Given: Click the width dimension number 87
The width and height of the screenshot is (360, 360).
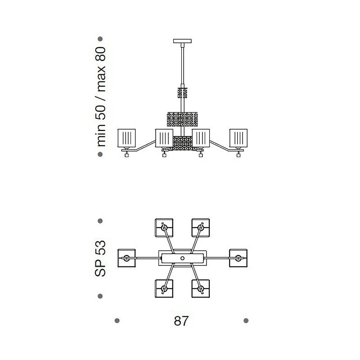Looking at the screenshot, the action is [x=181, y=321].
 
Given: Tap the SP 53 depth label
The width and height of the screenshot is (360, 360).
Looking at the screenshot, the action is [x=100, y=258].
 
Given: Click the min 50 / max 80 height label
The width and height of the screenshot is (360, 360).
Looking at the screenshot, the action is [x=100, y=97].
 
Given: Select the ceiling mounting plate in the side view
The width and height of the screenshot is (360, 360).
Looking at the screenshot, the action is [x=182, y=41].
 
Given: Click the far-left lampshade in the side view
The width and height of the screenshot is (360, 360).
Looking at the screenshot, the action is [x=126, y=138].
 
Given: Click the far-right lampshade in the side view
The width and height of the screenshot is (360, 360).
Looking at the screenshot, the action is [x=238, y=138].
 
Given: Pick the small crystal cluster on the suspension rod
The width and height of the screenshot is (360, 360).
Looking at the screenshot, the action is [x=183, y=93].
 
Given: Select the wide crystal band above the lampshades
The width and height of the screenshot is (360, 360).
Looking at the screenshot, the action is [x=182, y=119].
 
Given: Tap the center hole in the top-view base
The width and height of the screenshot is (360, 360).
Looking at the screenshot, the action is [x=183, y=258].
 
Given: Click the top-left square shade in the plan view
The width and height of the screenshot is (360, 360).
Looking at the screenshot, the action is [x=164, y=228].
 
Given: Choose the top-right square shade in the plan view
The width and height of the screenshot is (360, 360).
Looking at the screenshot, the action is [x=201, y=228].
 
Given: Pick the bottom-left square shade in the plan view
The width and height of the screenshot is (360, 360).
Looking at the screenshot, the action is [x=164, y=288].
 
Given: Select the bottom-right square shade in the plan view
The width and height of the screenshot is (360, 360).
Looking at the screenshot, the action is [x=201, y=288].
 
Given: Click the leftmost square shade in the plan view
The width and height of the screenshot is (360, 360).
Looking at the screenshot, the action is [x=126, y=258].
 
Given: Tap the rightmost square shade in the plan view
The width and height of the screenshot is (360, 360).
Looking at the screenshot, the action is [x=238, y=258].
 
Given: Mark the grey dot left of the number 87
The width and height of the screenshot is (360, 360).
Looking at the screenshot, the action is [x=117, y=320].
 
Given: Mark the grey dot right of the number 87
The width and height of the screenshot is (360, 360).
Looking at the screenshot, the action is [x=246, y=320].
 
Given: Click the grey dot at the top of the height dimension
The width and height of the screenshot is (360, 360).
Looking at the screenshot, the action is [x=100, y=39].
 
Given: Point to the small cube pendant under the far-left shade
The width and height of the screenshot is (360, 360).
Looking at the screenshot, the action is [x=126, y=155].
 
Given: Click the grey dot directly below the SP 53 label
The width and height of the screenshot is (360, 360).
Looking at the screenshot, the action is [x=100, y=296].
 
